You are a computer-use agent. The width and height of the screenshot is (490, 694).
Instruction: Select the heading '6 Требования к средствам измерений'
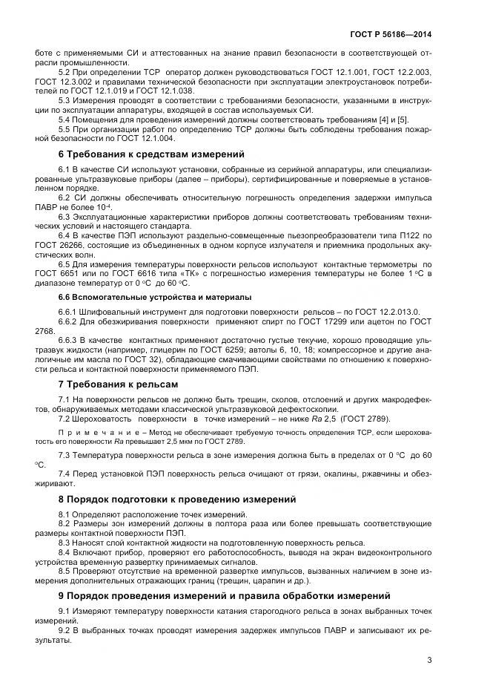[151, 154]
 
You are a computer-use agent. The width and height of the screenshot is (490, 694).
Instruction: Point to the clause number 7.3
[65, 454]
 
